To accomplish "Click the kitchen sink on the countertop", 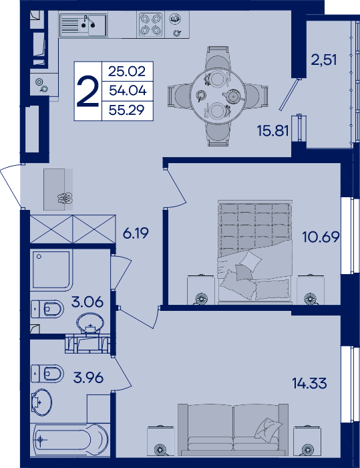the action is (83, 25).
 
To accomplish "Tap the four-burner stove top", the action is (151, 25).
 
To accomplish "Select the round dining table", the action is (218, 96).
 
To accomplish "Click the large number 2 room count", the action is (87, 91).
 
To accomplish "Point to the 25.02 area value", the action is (127, 72).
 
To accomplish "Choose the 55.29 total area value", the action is (127, 110).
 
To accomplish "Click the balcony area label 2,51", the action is (324, 60).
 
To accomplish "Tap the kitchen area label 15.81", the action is (273, 131).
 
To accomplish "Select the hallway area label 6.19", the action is (136, 233).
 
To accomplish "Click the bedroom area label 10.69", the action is (321, 237).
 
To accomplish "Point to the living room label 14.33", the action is (309, 383).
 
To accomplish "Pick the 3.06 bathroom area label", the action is (87, 302).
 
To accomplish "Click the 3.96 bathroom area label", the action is (88, 378).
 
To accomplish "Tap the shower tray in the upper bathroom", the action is (51, 270).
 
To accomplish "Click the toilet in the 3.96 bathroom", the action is (47, 373).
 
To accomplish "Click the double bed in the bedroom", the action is (255, 252).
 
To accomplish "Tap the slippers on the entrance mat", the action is (65, 198).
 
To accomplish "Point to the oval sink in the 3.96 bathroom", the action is (41, 402).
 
